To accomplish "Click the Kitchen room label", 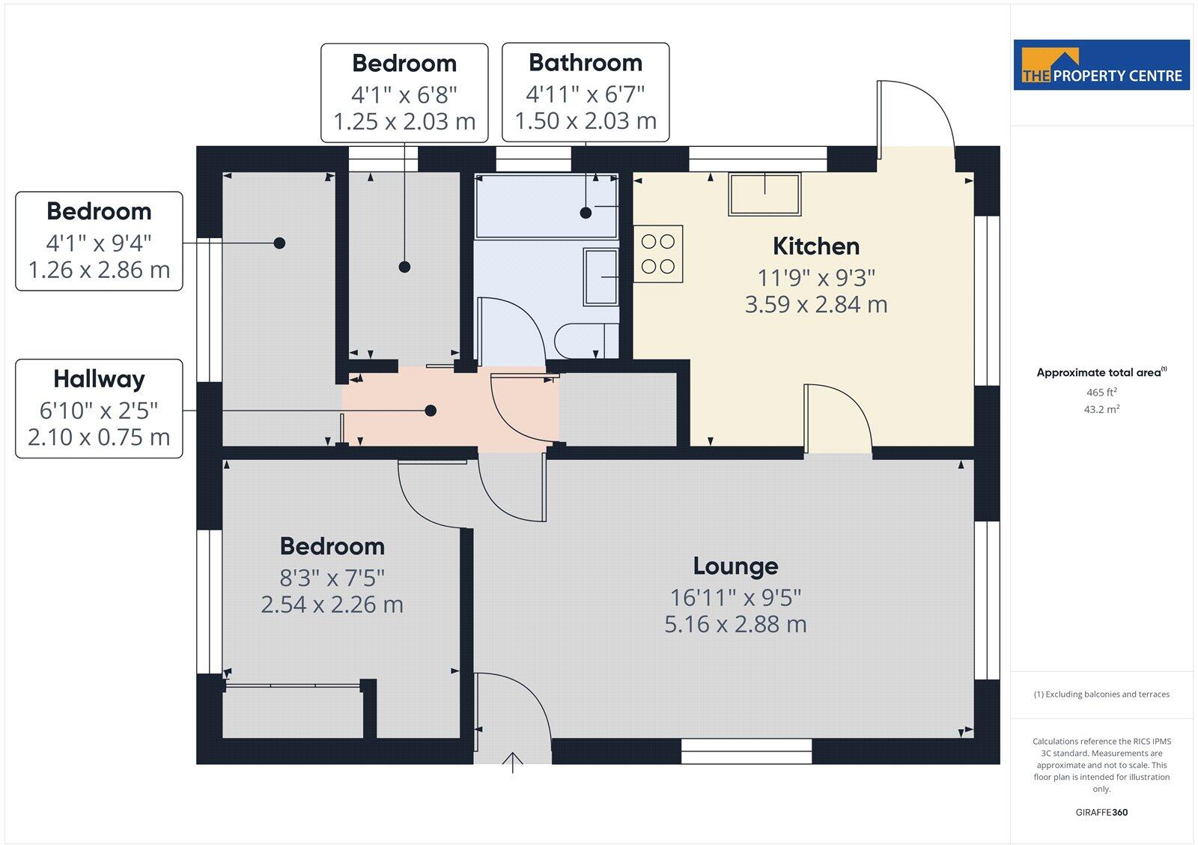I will [815, 246].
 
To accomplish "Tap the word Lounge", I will [735, 566].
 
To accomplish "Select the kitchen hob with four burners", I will [658, 254].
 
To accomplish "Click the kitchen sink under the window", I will [764, 193].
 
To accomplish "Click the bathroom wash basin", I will [600, 277].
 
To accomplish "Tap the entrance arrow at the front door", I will [513, 762].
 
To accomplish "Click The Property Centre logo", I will [1101, 65].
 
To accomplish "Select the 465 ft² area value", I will [1101, 393].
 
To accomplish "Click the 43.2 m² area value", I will [1101, 410].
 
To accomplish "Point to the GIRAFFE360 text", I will [1101, 812].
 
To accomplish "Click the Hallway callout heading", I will [99, 379].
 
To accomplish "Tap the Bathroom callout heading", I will [585, 62].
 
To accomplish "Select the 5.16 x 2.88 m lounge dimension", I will [735, 624].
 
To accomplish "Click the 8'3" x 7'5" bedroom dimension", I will [332, 578].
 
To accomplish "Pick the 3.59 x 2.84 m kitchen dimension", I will [815, 305].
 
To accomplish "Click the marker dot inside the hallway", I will [431, 411].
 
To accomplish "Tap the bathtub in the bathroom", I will [546, 207].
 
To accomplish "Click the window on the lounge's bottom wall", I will [747, 751].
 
